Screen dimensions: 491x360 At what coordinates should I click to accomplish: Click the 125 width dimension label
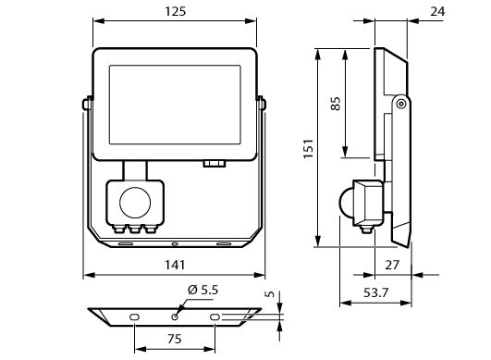pyautogui.click(x=176, y=12)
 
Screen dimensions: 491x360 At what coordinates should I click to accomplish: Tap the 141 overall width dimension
pyautogui.click(x=175, y=265)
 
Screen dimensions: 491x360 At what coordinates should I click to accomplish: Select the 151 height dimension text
pyautogui.click(x=309, y=148)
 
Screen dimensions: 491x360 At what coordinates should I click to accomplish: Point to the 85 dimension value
pyautogui.click(x=336, y=104)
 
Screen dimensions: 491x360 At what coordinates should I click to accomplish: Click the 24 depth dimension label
pyautogui.click(x=437, y=12)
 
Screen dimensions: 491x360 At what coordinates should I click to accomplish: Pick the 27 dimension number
pyautogui.click(x=392, y=265)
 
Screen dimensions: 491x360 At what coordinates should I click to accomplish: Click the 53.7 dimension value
pyautogui.click(x=375, y=293)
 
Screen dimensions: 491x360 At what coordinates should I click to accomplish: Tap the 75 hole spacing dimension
pyautogui.click(x=175, y=339)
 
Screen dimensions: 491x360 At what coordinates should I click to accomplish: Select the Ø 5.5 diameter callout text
pyautogui.click(x=203, y=290)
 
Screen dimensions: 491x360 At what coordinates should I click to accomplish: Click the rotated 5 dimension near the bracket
pyautogui.click(x=270, y=294)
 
